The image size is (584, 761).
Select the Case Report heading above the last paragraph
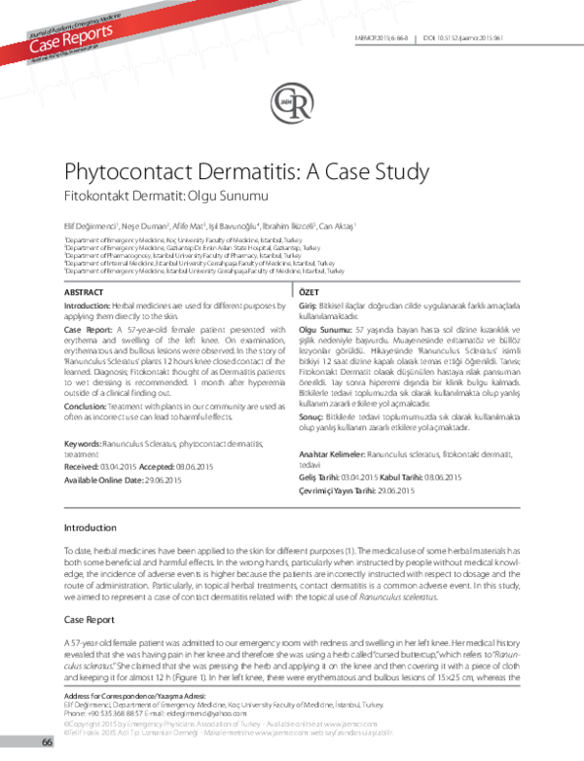[x=91, y=620]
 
